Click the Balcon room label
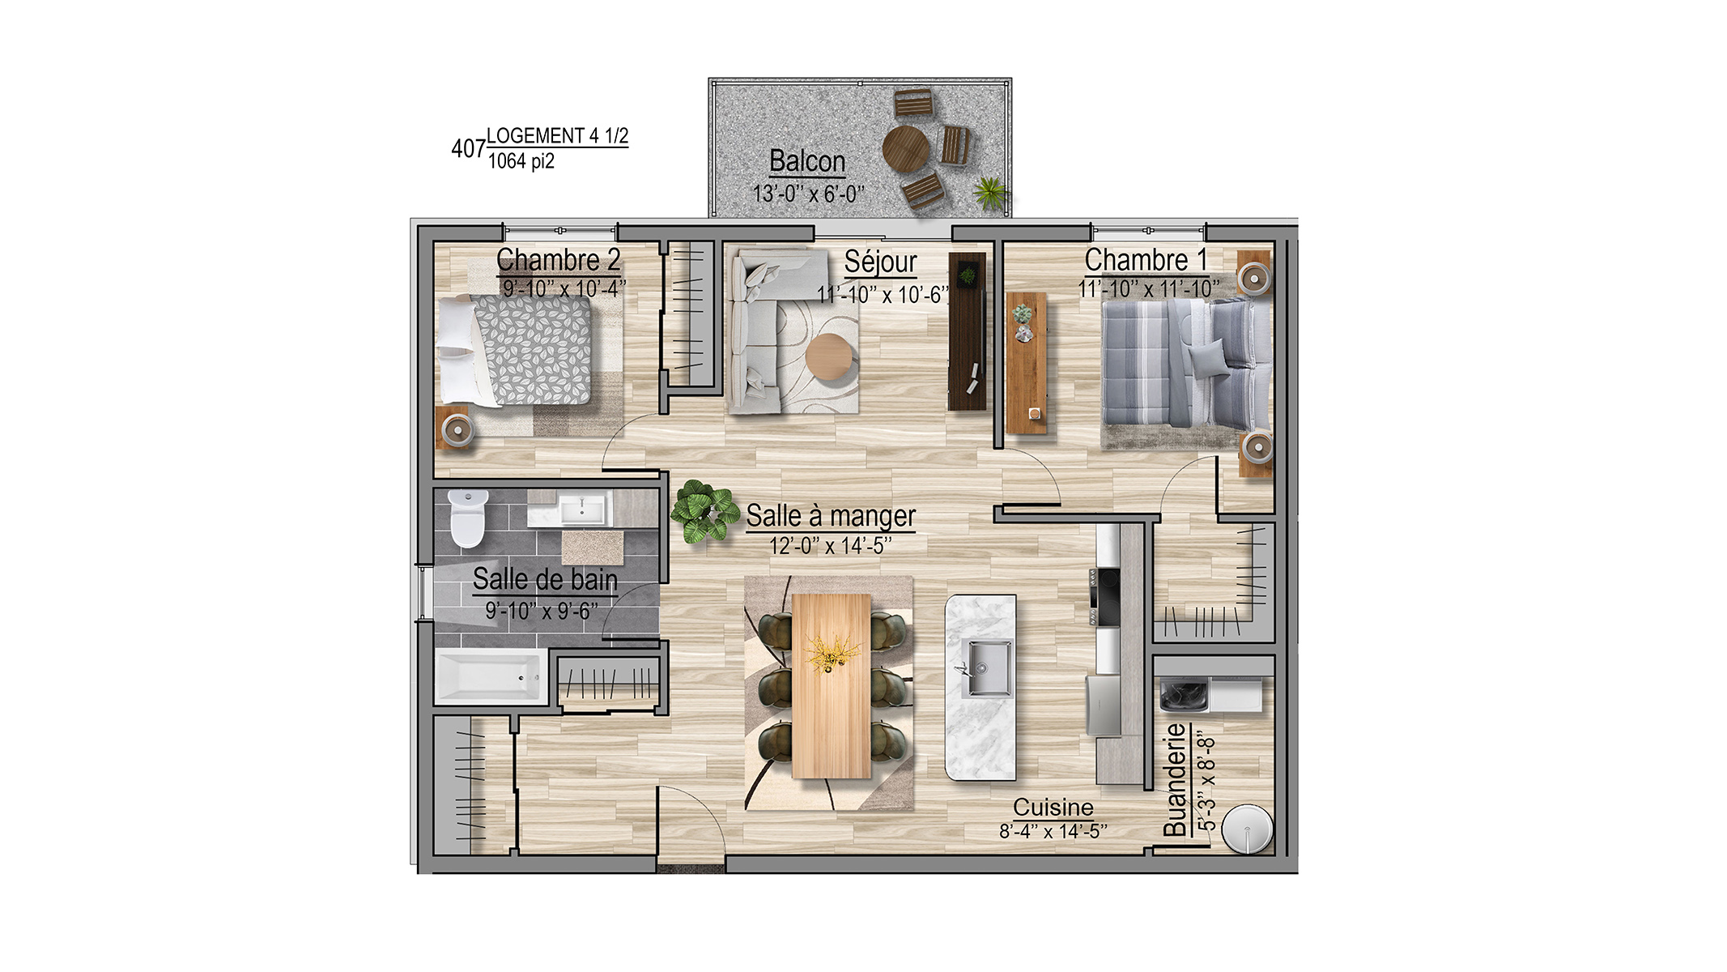[x=806, y=161]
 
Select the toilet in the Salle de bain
[x=467, y=518]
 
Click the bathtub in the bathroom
[x=490, y=675]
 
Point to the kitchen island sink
[x=985, y=668]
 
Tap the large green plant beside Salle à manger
[x=704, y=511]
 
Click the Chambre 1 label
[x=1146, y=260]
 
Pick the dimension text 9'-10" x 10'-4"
[x=564, y=288]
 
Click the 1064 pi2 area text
[x=521, y=161]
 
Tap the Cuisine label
[x=1053, y=807]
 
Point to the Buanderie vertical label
[x=1175, y=779]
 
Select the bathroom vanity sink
[x=583, y=509]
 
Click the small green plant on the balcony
[x=989, y=193]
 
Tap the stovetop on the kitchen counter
[x=1104, y=597]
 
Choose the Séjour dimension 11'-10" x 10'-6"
[x=883, y=295]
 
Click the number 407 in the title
[x=468, y=149]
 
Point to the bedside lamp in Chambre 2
[x=457, y=428]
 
